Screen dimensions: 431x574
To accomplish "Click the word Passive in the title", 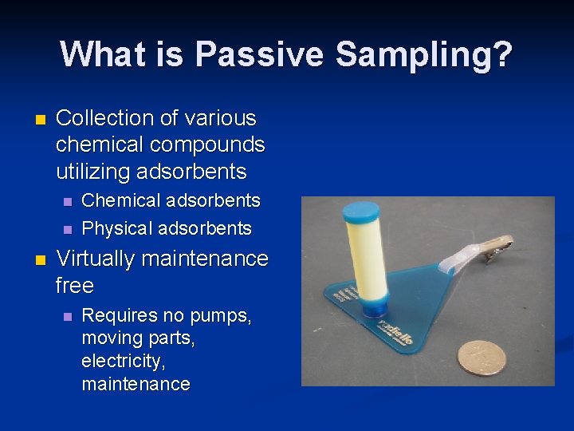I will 259,55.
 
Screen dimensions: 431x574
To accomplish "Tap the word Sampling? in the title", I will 422,55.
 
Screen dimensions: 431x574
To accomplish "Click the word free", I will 75,285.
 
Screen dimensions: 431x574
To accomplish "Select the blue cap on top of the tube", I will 360,213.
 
